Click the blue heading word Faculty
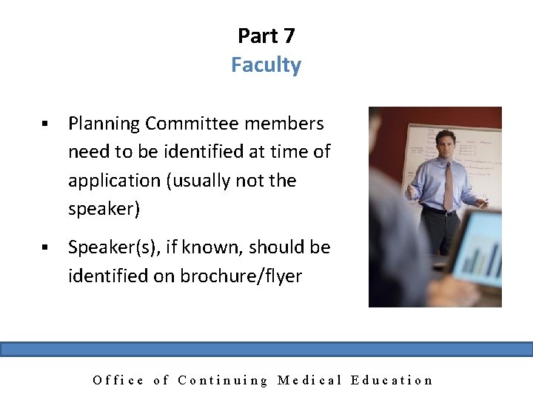(x=266, y=65)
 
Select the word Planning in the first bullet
(x=104, y=124)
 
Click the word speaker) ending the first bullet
(x=104, y=210)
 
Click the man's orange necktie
(x=448, y=186)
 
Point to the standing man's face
(x=446, y=144)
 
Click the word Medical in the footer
(x=309, y=381)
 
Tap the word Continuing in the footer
(x=223, y=381)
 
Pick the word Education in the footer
(x=392, y=381)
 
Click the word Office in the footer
(x=118, y=381)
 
